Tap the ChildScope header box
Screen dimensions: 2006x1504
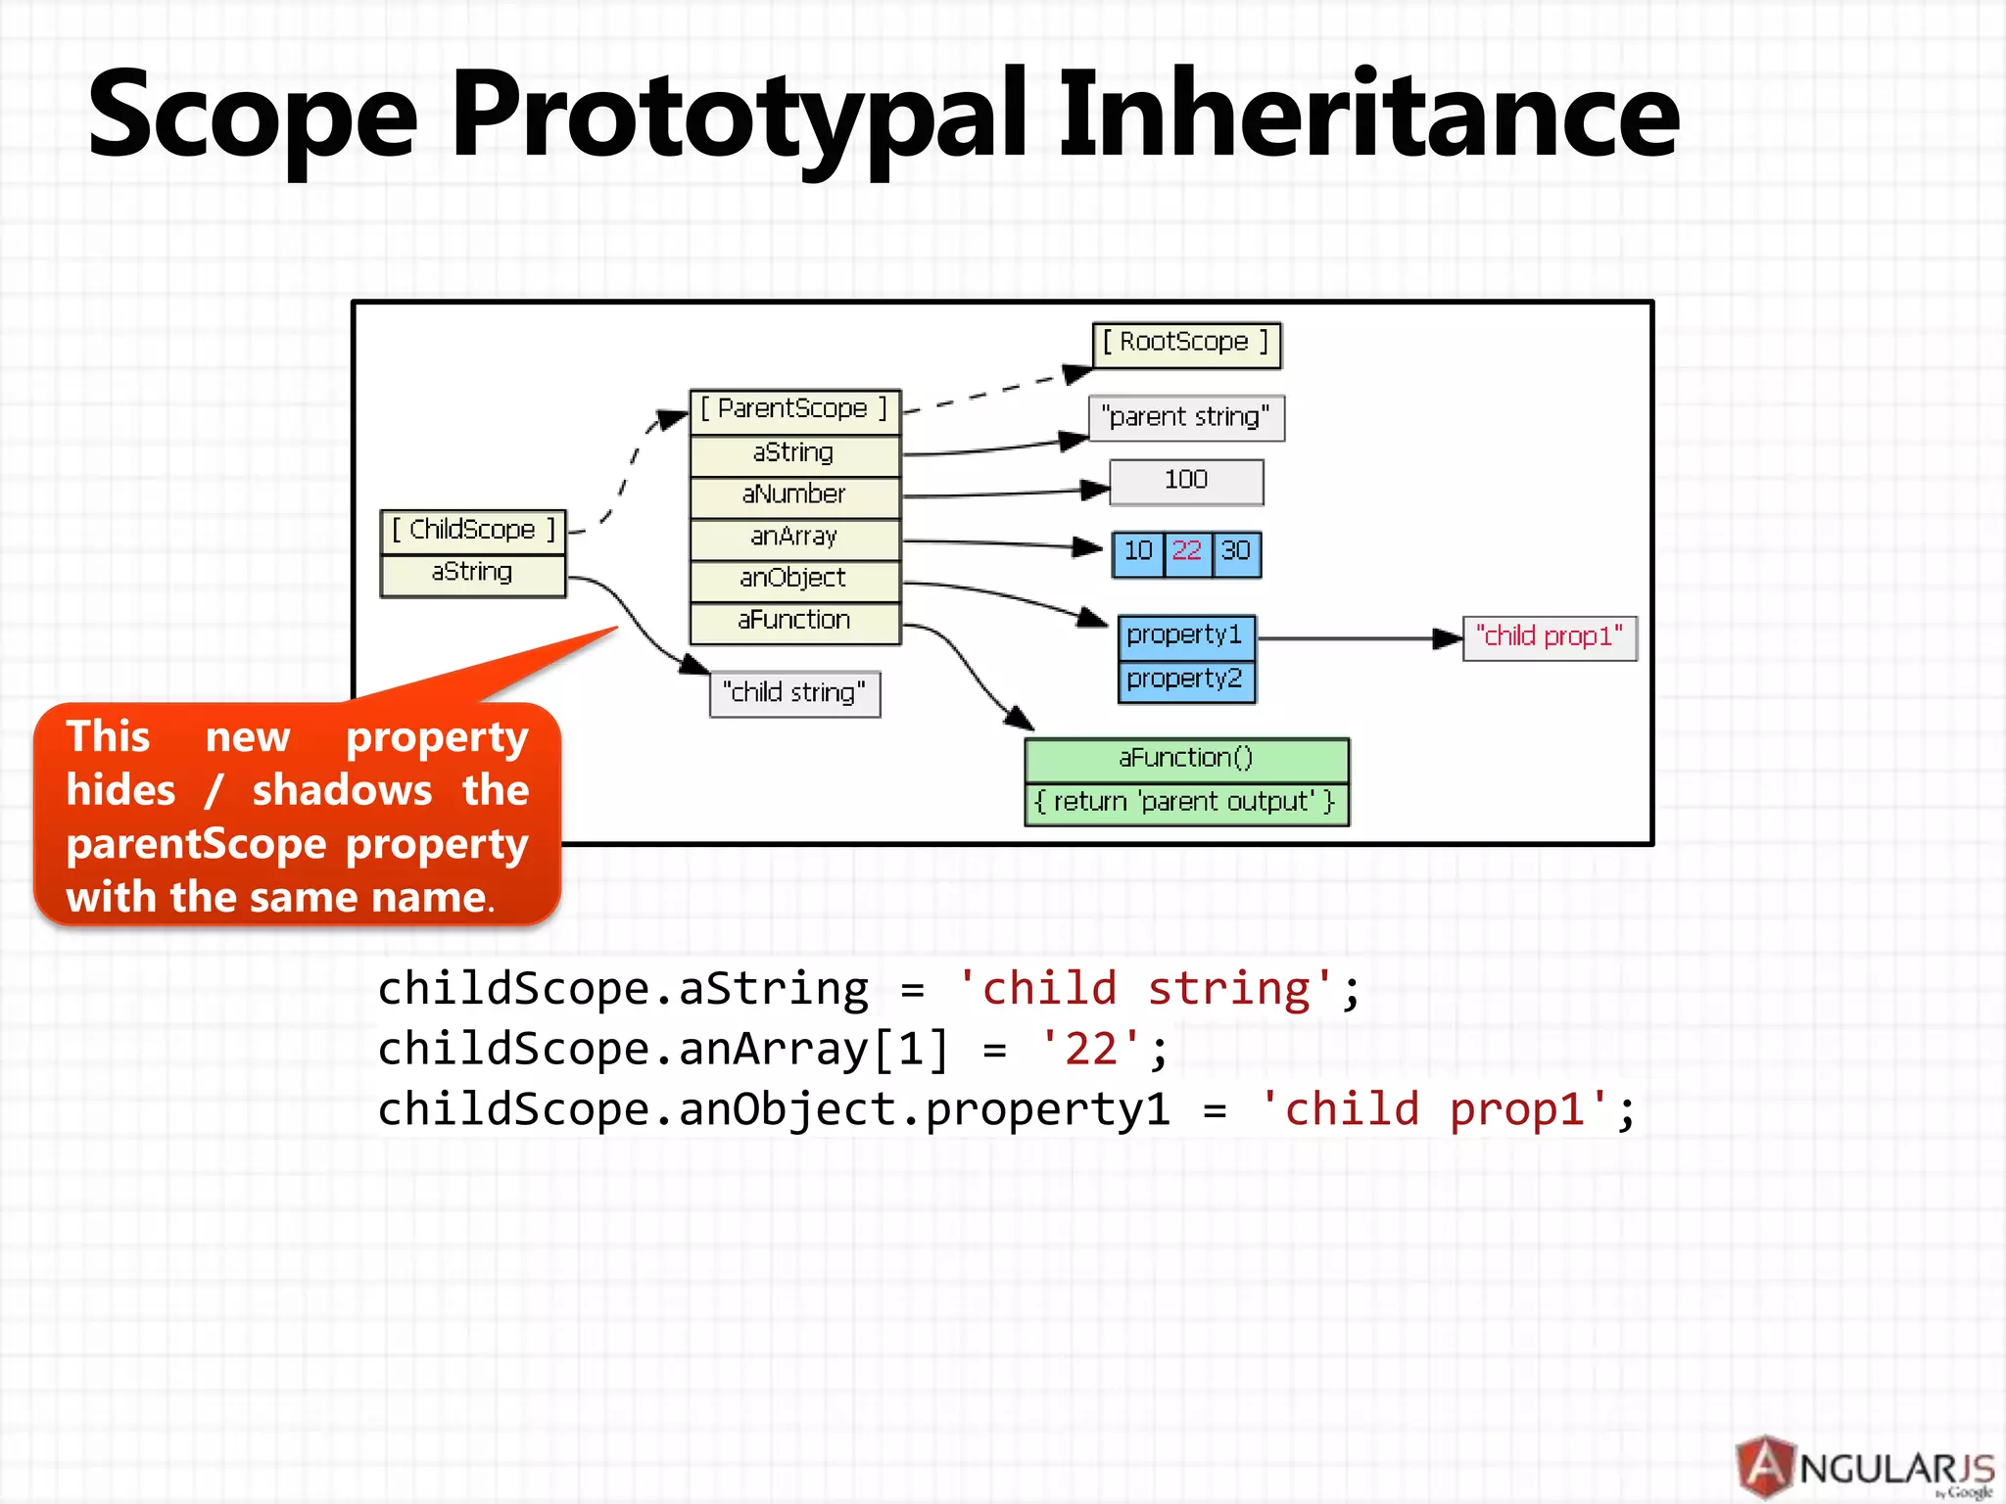[473, 531]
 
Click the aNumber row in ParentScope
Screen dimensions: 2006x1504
[794, 495]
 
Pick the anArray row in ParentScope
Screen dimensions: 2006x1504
[794, 538]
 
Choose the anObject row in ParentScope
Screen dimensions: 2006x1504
[794, 580]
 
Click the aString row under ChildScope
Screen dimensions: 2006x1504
[473, 574]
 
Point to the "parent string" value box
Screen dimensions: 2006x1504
[1186, 418]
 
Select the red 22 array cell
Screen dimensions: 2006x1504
[1187, 553]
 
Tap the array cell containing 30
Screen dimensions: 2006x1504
[1236, 553]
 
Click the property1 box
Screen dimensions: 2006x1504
[1185, 636]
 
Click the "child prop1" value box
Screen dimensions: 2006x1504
[1550, 638]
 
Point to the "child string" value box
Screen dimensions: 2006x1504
[794, 694]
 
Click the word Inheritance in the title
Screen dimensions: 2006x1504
[1369, 116]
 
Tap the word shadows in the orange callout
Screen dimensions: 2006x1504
[342, 791]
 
